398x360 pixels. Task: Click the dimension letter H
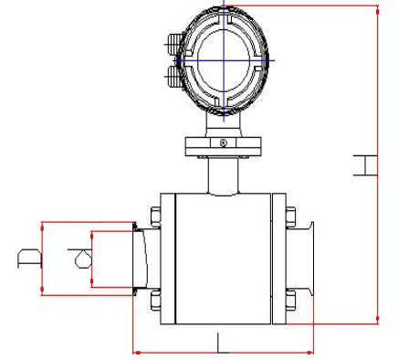pos(365,165)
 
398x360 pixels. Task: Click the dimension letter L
pos(222,344)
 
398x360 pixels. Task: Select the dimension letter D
pos(29,259)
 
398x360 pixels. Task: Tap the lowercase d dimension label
pos(81,259)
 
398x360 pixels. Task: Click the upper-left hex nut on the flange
pos(155,217)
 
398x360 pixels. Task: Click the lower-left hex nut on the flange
pos(155,301)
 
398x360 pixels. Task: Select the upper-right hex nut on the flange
pos(290,217)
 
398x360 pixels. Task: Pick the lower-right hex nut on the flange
pos(290,301)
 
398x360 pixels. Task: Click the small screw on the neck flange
pos(224,143)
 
